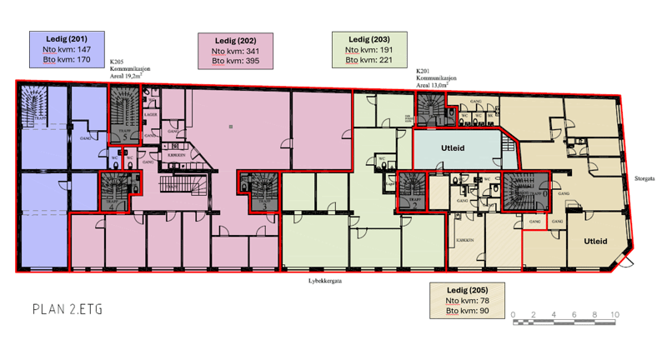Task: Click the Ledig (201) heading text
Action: (x=67, y=38)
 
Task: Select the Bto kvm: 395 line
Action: (x=235, y=61)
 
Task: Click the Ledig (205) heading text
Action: (x=468, y=289)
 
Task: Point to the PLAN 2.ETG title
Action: (x=66, y=309)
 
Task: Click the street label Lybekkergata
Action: (x=326, y=281)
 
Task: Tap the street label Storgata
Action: (x=644, y=177)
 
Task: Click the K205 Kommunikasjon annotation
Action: (x=129, y=67)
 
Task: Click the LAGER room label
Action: (x=151, y=113)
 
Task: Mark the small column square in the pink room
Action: (x=231, y=127)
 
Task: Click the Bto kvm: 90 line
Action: (x=466, y=311)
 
